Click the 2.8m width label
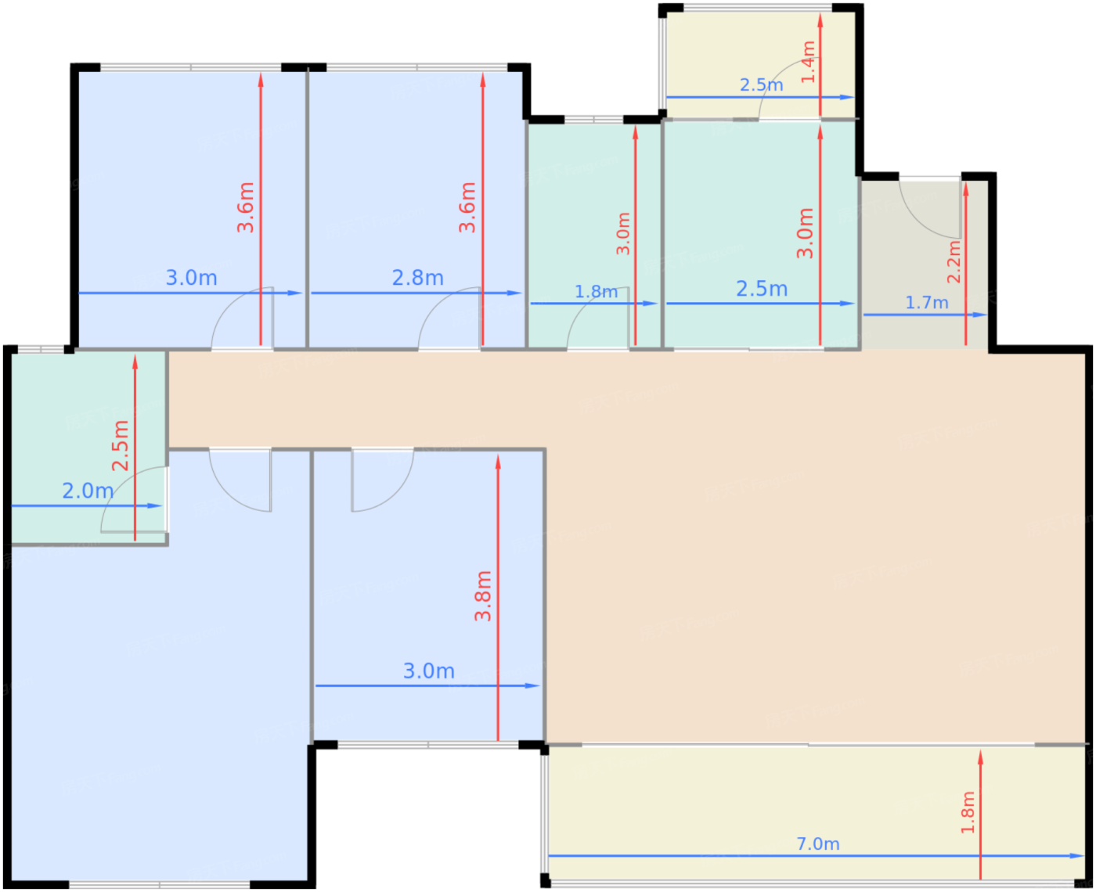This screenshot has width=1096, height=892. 417,278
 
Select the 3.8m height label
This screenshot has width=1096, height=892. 483,596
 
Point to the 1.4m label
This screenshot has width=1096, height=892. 809,62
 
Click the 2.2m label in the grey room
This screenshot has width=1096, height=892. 954,261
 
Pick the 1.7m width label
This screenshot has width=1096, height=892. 927,302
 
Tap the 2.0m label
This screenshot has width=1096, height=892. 88,491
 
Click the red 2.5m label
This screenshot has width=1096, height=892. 121,446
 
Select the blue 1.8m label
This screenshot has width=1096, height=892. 596,292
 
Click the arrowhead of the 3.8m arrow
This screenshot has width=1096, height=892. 498,462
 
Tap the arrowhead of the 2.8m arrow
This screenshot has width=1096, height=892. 514,293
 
